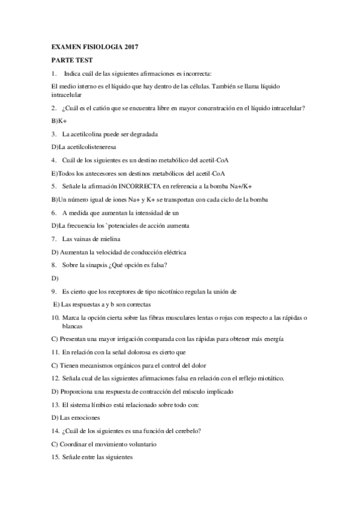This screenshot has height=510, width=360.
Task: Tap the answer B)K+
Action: pos(58,121)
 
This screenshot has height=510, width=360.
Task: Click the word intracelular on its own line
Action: pos(66,94)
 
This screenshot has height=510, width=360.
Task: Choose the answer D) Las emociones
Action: pos(76,417)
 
